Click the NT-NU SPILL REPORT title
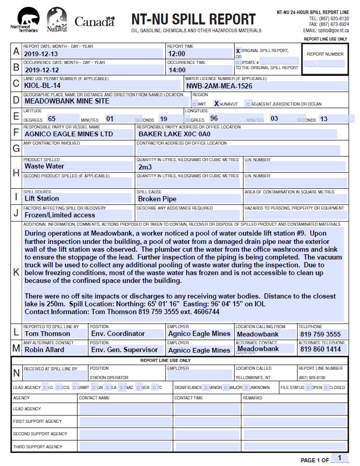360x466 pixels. [x=193, y=20]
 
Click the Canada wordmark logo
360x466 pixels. [x=94, y=21]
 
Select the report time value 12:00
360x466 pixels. [x=177, y=54]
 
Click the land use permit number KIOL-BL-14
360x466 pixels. [x=43, y=85]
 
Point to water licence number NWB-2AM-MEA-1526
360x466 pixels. [x=219, y=86]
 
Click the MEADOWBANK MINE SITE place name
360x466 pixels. [x=67, y=101]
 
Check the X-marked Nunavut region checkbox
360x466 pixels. [x=216, y=103]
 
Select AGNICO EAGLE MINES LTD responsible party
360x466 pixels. [x=69, y=134]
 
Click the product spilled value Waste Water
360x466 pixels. [x=44, y=166]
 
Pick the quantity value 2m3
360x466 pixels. [x=145, y=167]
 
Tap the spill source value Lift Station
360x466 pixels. [x=42, y=198]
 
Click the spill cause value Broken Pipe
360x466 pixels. [x=157, y=199]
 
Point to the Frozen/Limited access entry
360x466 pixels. [x=60, y=215]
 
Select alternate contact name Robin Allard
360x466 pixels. [x=44, y=349]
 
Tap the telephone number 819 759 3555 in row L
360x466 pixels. [x=320, y=334]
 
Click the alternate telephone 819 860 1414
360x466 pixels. [x=320, y=349]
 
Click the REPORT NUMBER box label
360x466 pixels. [x=325, y=54]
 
